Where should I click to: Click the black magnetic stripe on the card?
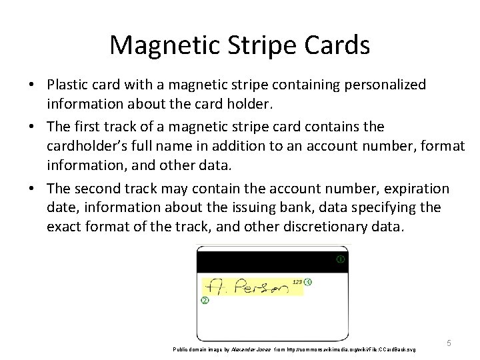pos(267,261)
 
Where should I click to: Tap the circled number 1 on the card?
pos(340,259)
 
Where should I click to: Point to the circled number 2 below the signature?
pos(205,301)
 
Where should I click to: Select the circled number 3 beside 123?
pos(307,282)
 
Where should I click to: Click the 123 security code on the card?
pos(297,282)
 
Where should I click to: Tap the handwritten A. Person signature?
pos(247,287)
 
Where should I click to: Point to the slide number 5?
pos(449,343)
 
